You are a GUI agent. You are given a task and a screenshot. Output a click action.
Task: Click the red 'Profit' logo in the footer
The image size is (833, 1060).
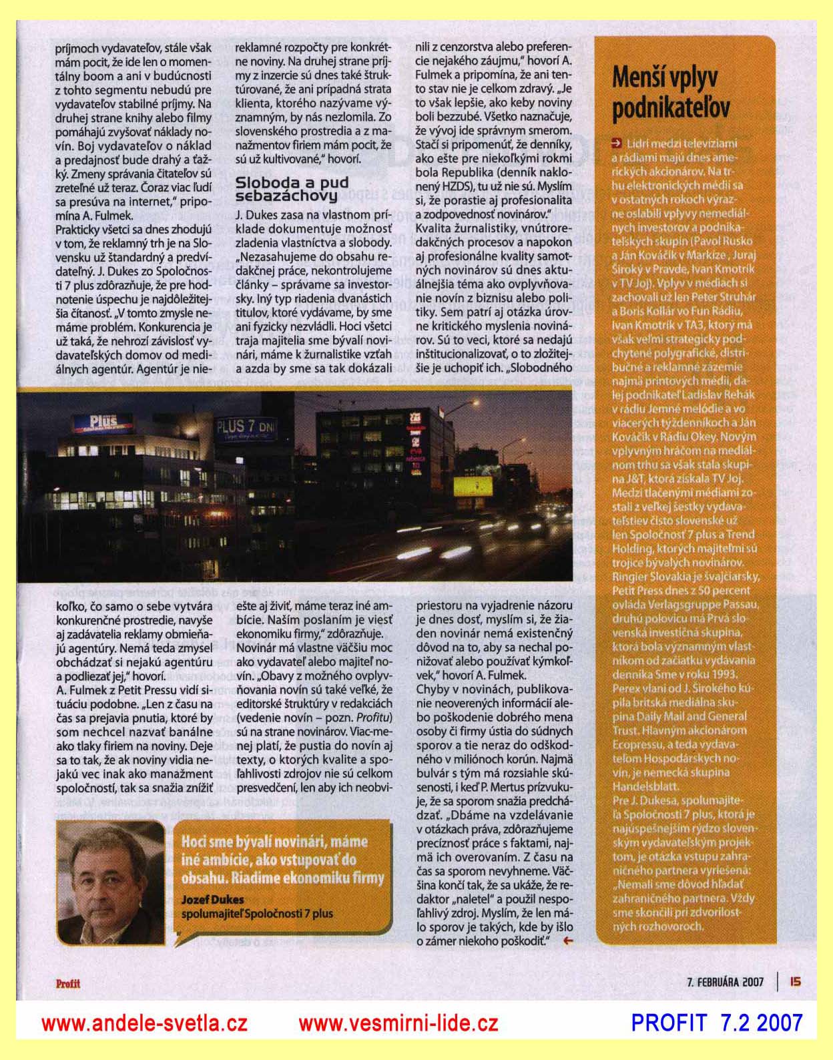point(67,981)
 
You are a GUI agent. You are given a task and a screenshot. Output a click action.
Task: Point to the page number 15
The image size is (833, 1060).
point(794,981)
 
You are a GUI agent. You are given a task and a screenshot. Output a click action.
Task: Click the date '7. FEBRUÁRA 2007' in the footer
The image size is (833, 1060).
point(724,981)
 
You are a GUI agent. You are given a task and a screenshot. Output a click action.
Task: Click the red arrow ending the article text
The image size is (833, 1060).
point(568,941)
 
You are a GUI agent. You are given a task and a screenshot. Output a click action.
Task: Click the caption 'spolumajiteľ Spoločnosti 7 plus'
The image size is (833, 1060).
point(257,913)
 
